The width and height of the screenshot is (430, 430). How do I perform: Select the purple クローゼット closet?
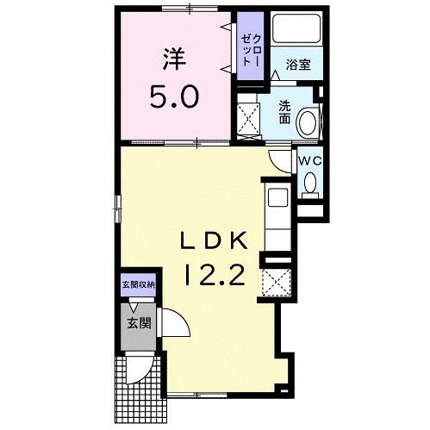pos(250,49)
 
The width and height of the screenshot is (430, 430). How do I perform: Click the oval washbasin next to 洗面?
pos(308,123)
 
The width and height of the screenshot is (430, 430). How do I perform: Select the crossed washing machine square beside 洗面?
pos(249,119)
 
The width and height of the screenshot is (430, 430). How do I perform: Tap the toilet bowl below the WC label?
pos(311,182)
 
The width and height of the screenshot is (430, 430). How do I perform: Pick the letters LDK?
pos(214,240)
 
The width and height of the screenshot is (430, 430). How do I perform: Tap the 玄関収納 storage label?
pos(138,284)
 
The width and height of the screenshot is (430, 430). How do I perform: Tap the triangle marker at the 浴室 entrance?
pos(276,77)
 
